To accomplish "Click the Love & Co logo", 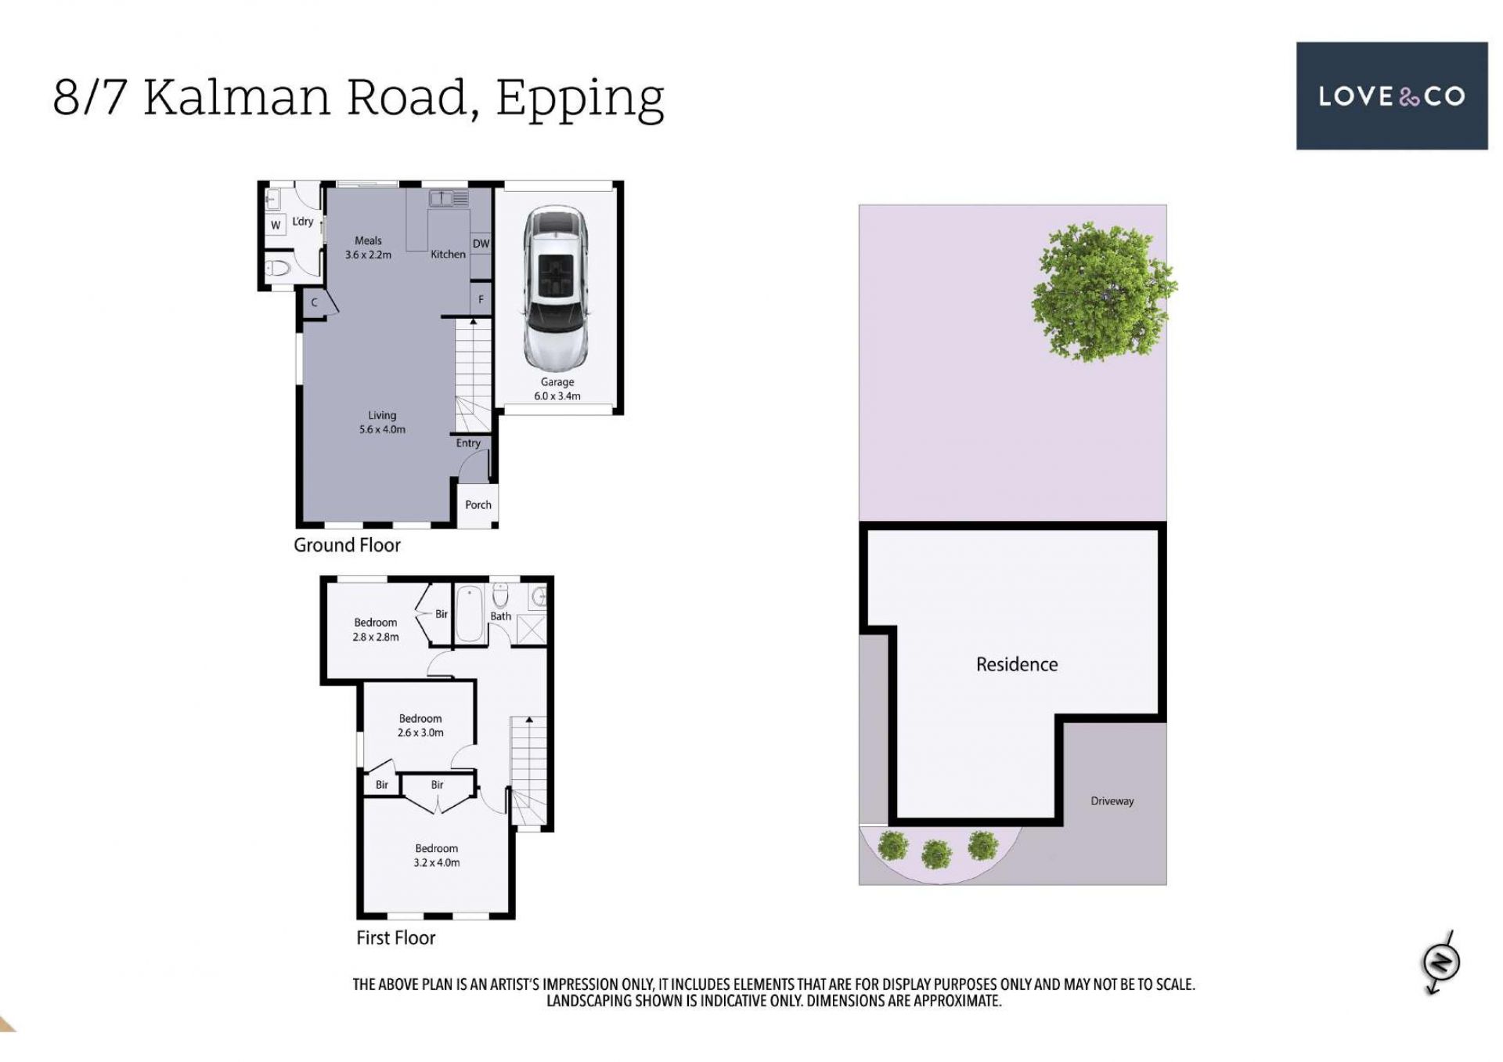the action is pos(1392,96).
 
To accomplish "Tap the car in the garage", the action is pos(556,288).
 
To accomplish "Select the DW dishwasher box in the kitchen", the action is pos(481,244).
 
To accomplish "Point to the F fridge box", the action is pos(481,299).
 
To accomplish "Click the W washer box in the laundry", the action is pos(276,225).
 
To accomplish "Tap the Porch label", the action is pos(478,505).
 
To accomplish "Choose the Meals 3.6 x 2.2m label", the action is pos(368,247).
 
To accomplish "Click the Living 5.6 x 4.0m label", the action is pos(382,422).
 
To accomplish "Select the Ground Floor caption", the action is pos(347,545).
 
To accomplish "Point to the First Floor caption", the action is pos(395,937).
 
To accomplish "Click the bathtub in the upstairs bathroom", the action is pos(470,614).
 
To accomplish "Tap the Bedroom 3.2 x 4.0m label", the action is pos(437,855).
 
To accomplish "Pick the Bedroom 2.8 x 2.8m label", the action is pos(376,630).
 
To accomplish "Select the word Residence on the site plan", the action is pos(1017,664).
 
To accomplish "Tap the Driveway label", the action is pos(1112,801).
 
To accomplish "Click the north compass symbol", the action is pos(1440,963).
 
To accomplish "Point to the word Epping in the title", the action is pos(580,99).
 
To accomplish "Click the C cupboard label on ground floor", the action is pos(315,302).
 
